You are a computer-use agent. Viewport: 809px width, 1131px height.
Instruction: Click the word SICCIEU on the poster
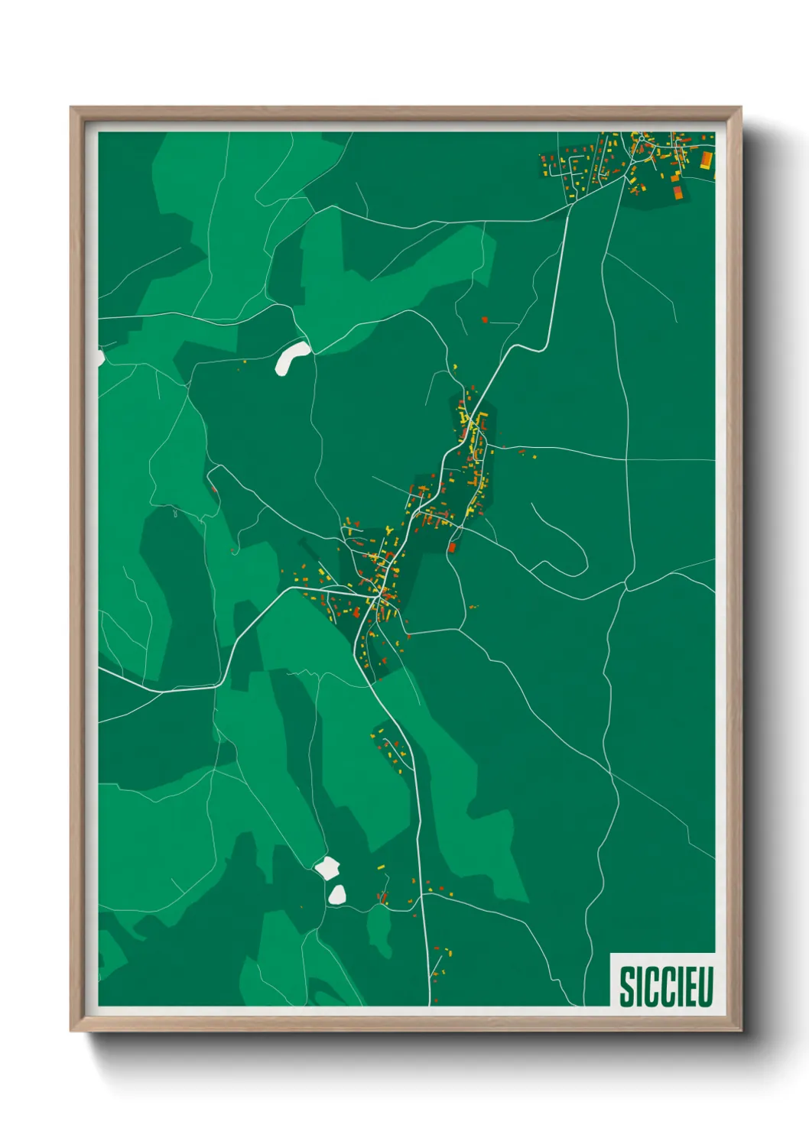point(665,987)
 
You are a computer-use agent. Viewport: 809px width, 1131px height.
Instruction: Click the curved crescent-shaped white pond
point(292,357)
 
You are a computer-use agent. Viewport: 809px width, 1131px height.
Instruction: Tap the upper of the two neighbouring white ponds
point(327,868)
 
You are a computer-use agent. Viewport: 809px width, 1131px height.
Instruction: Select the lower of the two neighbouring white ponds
point(337,894)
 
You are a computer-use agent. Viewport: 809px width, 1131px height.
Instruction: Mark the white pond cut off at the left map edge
point(100,358)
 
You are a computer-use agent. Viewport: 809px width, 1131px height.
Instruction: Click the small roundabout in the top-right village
point(635,150)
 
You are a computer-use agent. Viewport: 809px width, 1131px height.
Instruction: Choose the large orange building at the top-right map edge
point(707,160)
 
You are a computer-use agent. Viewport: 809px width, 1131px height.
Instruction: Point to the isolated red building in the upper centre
point(485,319)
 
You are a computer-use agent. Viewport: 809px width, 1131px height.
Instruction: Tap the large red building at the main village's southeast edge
point(452,546)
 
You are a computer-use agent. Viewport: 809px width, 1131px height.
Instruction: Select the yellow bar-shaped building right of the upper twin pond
point(380,867)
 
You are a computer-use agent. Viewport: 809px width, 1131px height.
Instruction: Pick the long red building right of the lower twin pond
point(382,896)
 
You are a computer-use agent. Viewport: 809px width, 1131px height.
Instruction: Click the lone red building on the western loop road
point(213,487)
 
